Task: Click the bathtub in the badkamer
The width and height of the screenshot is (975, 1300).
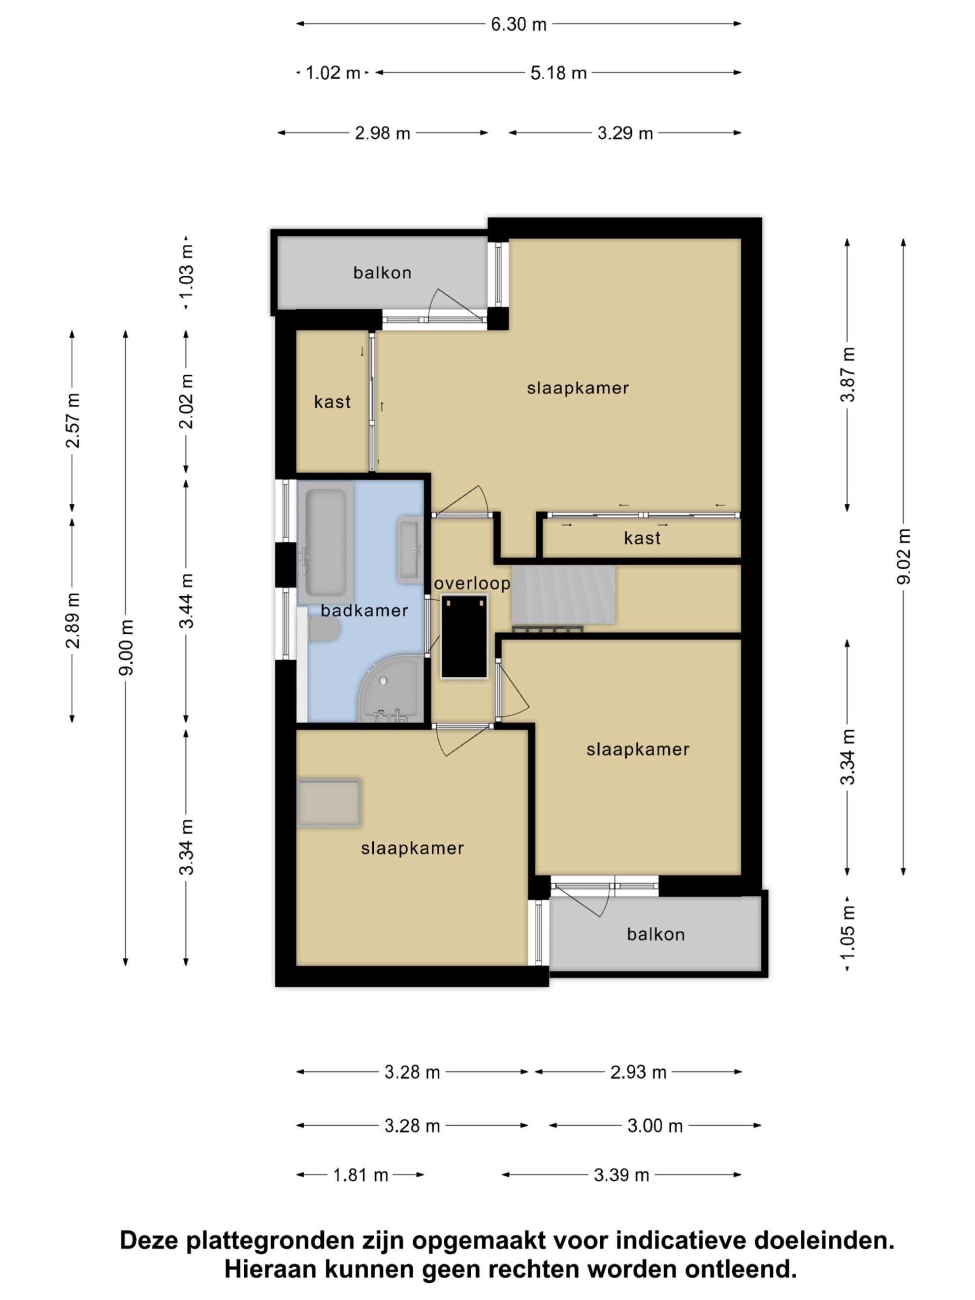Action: point(326,543)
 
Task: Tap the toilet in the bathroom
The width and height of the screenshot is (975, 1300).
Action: point(324,628)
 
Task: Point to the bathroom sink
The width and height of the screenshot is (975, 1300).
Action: point(410,549)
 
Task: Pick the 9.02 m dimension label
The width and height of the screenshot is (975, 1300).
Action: point(903,556)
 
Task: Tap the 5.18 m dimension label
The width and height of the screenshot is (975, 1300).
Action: point(558,73)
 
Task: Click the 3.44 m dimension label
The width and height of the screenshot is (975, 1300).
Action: point(186,601)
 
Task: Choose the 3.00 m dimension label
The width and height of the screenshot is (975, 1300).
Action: point(655,1125)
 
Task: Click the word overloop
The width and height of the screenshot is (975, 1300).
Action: point(472,583)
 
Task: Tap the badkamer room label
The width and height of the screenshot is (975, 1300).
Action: point(365,610)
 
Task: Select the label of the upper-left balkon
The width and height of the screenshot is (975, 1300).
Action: point(382,273)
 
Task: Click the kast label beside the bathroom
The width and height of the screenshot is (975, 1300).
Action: point(332,402)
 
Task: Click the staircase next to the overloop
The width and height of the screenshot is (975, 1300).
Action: point(563,594)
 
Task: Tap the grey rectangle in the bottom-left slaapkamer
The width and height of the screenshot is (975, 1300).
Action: point(329,803)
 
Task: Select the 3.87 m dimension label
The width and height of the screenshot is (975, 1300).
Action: point(848,374)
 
